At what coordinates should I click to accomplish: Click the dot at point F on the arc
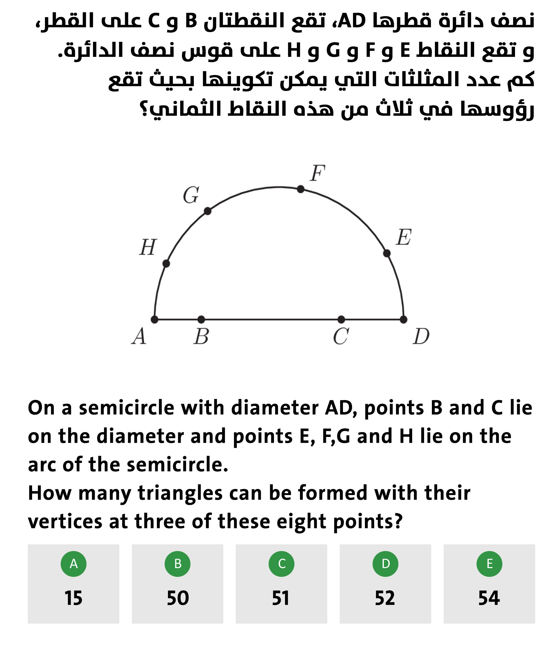click(301, 189)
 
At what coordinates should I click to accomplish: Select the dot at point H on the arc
click(166, 264)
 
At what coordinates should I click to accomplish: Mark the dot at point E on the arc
click(387, 253)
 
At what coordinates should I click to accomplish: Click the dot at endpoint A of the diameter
click(154, 320)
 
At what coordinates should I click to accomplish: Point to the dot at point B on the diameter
click(201, 320)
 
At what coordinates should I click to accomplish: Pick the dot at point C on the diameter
click(341, 320)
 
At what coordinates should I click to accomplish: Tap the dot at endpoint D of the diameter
click(403, 320)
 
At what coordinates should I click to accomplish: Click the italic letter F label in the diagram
click(317, 173)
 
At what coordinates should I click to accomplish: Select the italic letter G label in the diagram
click(191, 195)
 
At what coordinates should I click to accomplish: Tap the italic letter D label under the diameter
click(421, 337)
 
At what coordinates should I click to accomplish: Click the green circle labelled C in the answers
click(282, 564)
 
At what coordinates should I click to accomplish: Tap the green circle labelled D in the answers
click(385, 564)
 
